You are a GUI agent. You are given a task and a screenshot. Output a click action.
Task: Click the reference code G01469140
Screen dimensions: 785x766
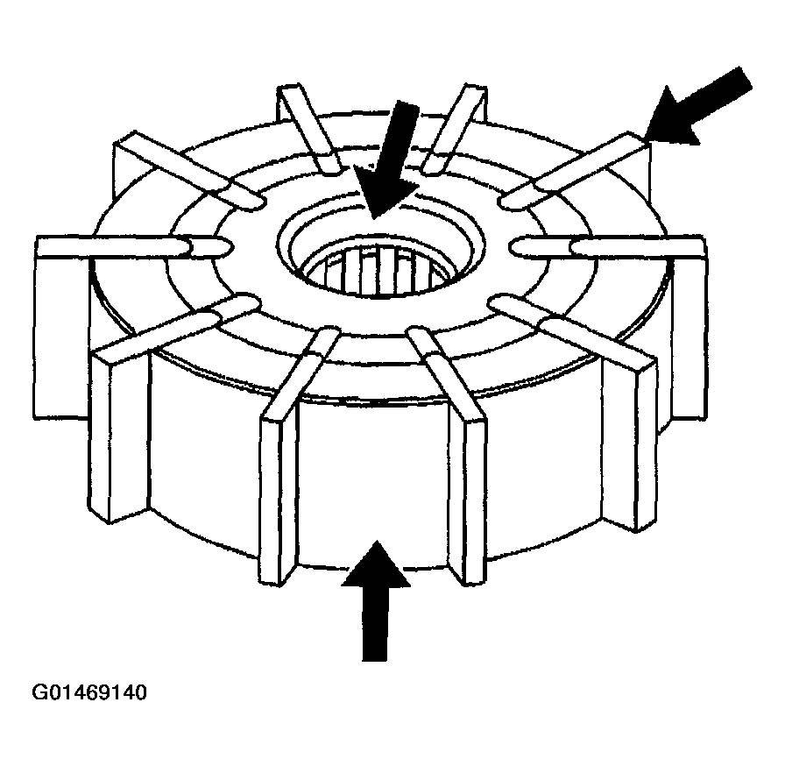tap(89, 692)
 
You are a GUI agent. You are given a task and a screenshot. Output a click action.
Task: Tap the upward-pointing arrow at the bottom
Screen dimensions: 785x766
tap(376, 600)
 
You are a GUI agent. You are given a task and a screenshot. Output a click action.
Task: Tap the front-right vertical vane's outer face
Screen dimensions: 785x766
tap(476, 500)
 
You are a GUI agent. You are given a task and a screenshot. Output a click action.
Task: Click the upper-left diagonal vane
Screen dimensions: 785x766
tap(190, 170)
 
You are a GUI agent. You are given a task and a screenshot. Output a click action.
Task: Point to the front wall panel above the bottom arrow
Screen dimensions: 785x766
tap(373, 480)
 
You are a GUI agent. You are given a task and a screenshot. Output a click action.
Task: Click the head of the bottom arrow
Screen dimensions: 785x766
tap(376, 564)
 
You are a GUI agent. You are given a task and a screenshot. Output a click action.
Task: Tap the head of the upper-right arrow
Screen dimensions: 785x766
tap(671, 117)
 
